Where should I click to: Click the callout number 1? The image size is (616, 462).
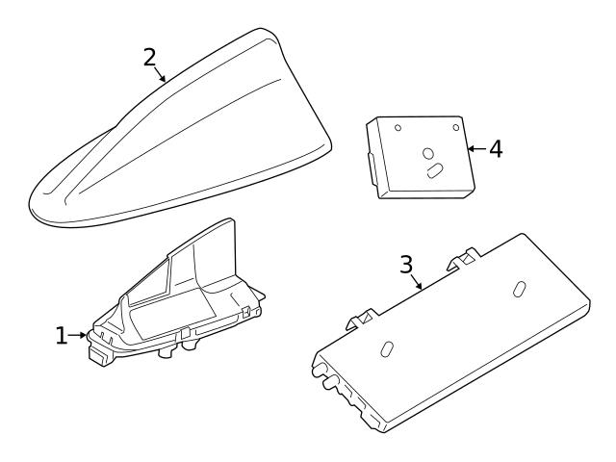coord(61,336)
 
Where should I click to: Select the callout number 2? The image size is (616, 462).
coord(150,58)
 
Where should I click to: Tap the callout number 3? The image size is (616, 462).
coord(406,265)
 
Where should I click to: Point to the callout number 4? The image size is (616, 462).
coord(496,149)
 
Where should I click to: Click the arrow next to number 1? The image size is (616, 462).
coord(78,335)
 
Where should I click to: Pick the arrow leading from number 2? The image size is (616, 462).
coord(159,74)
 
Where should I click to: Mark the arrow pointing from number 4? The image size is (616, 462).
coord(477,148)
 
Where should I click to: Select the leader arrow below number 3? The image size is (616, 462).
coord(417,282)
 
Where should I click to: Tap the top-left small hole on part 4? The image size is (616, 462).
coord(398,128)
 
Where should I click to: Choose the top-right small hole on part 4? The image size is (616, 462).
coord(456,127)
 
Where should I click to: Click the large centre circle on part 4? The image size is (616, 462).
coord(427,153)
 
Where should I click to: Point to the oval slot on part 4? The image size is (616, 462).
coord(435,171)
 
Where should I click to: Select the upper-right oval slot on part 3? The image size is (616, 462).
coord(520,289)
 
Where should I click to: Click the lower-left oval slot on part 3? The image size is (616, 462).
coord(387,349)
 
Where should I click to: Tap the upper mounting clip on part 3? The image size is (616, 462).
coord(463,259)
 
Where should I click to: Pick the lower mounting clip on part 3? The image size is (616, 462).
coord(362,319)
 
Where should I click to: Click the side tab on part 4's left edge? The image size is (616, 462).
coord(372,169)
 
